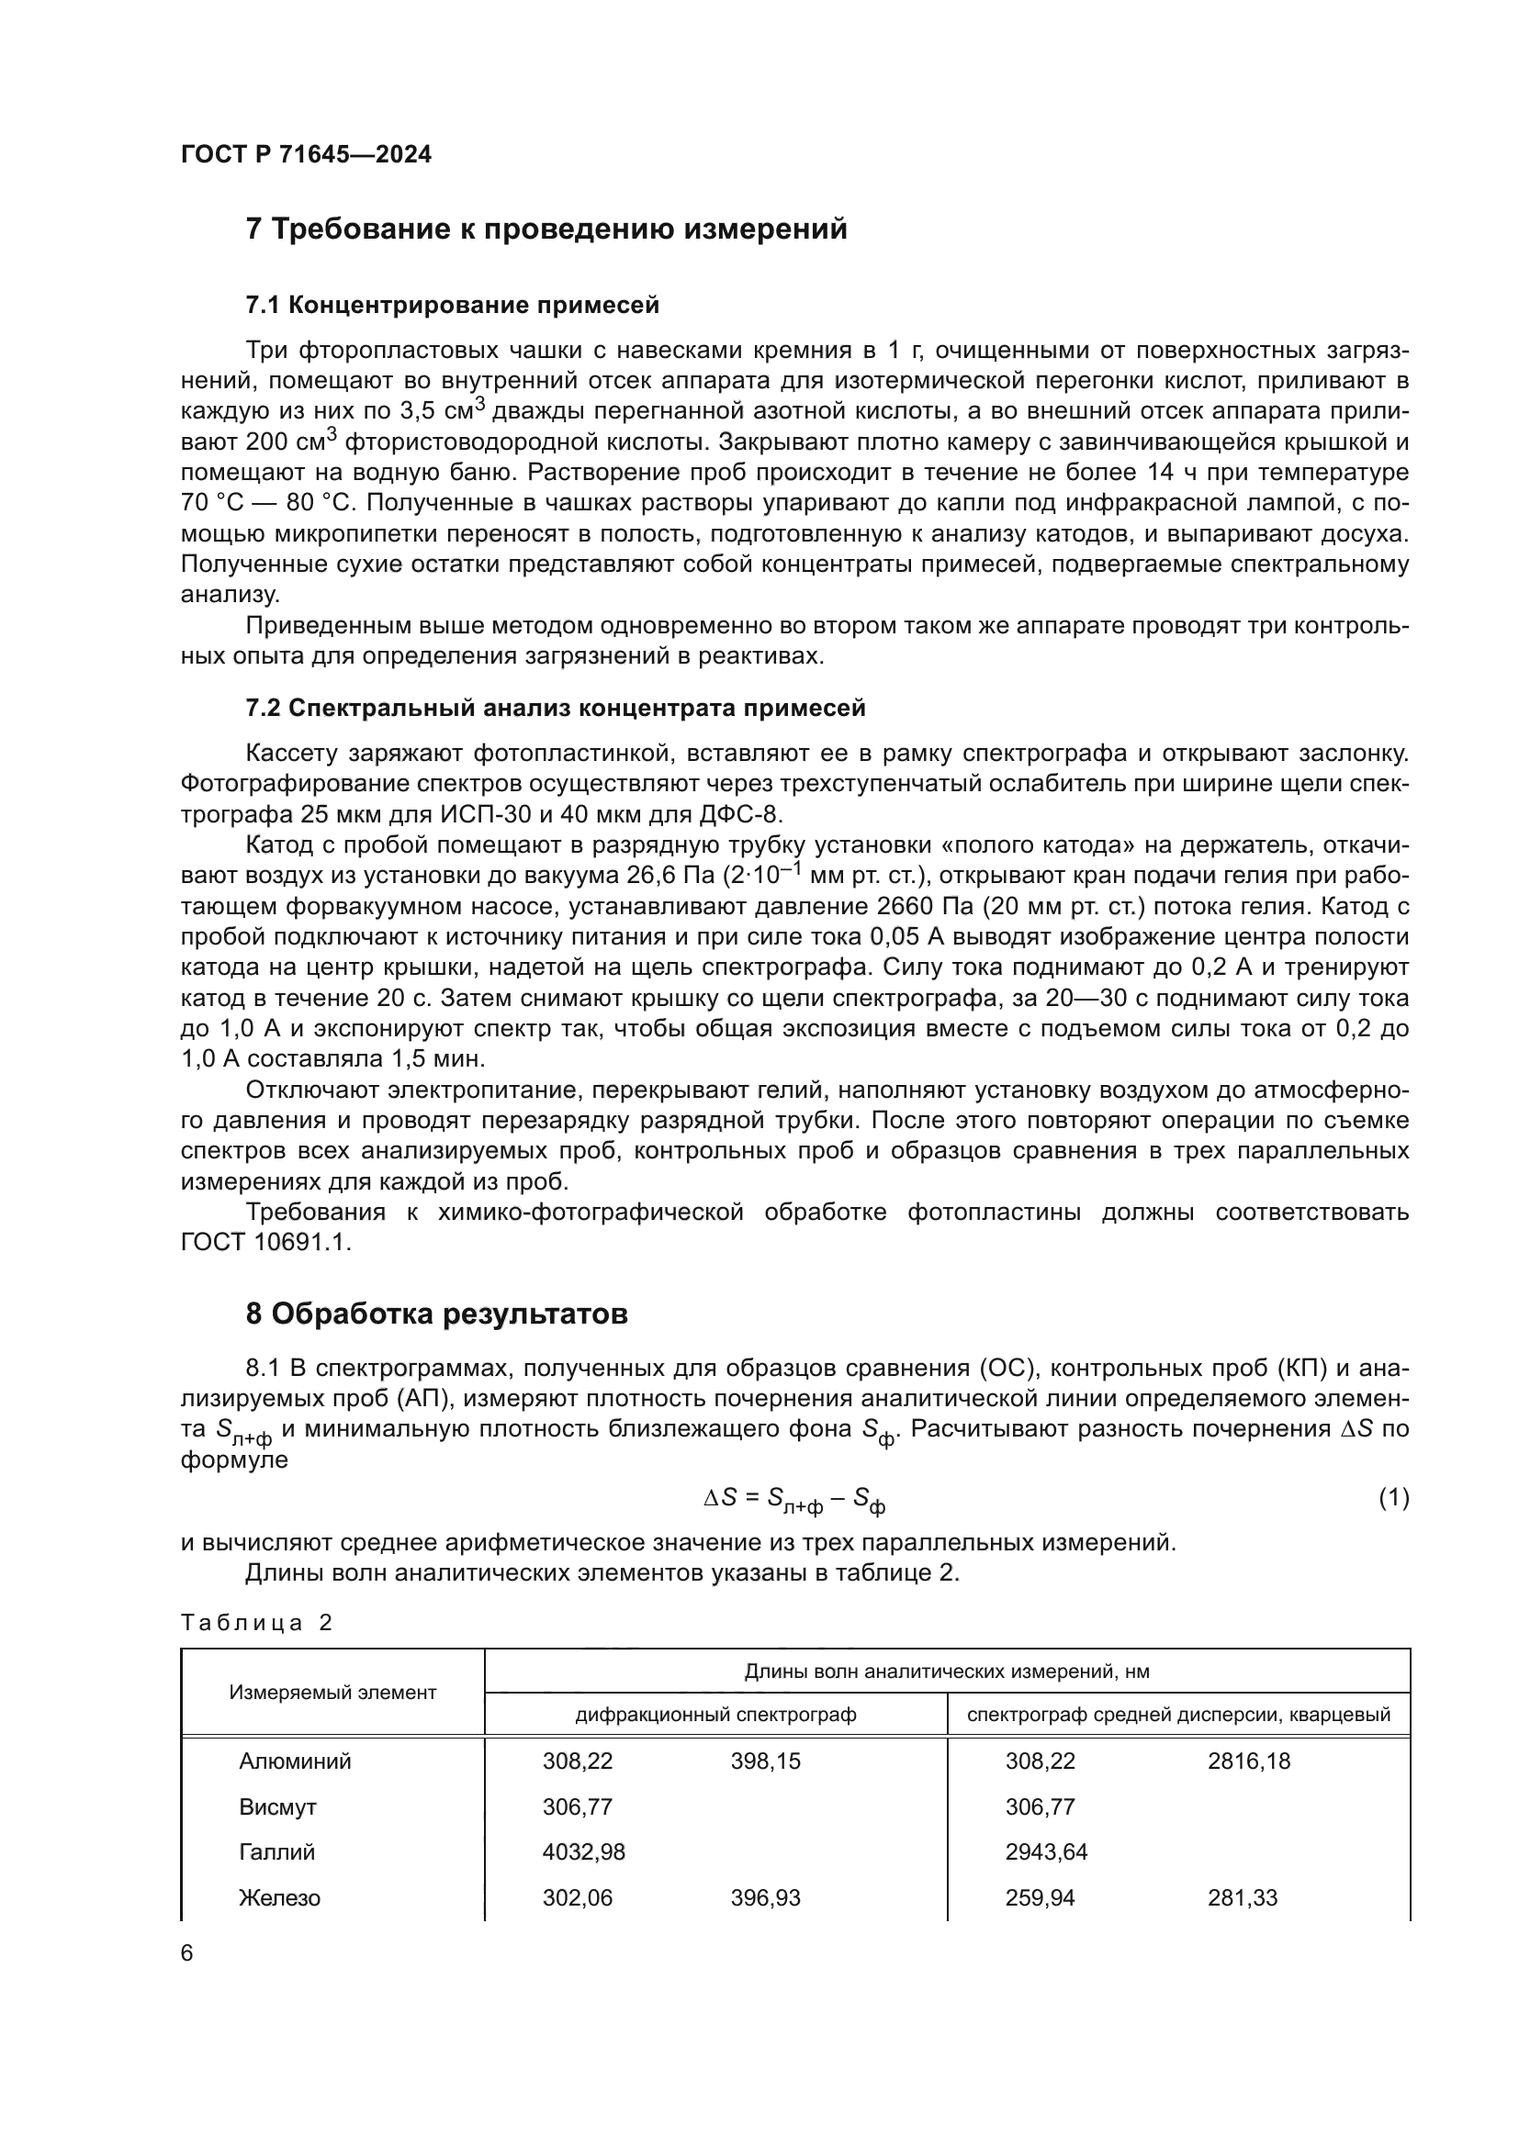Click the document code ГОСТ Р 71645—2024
306,155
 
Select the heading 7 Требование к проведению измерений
546,229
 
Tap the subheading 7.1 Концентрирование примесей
452,305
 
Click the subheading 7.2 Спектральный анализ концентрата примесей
555,708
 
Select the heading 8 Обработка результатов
436,1314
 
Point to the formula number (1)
1393,1497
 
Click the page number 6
187,1952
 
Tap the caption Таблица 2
256,1621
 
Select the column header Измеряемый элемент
332,1692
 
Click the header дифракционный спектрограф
715,1714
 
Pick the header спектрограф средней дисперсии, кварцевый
1178,1714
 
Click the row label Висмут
277,1806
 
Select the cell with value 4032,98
584,1851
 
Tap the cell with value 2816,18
1249,1761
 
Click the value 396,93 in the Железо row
765,1897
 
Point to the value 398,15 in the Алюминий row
765,1761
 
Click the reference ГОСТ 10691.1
265,1243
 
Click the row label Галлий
276,1851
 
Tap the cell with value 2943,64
1046,1851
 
